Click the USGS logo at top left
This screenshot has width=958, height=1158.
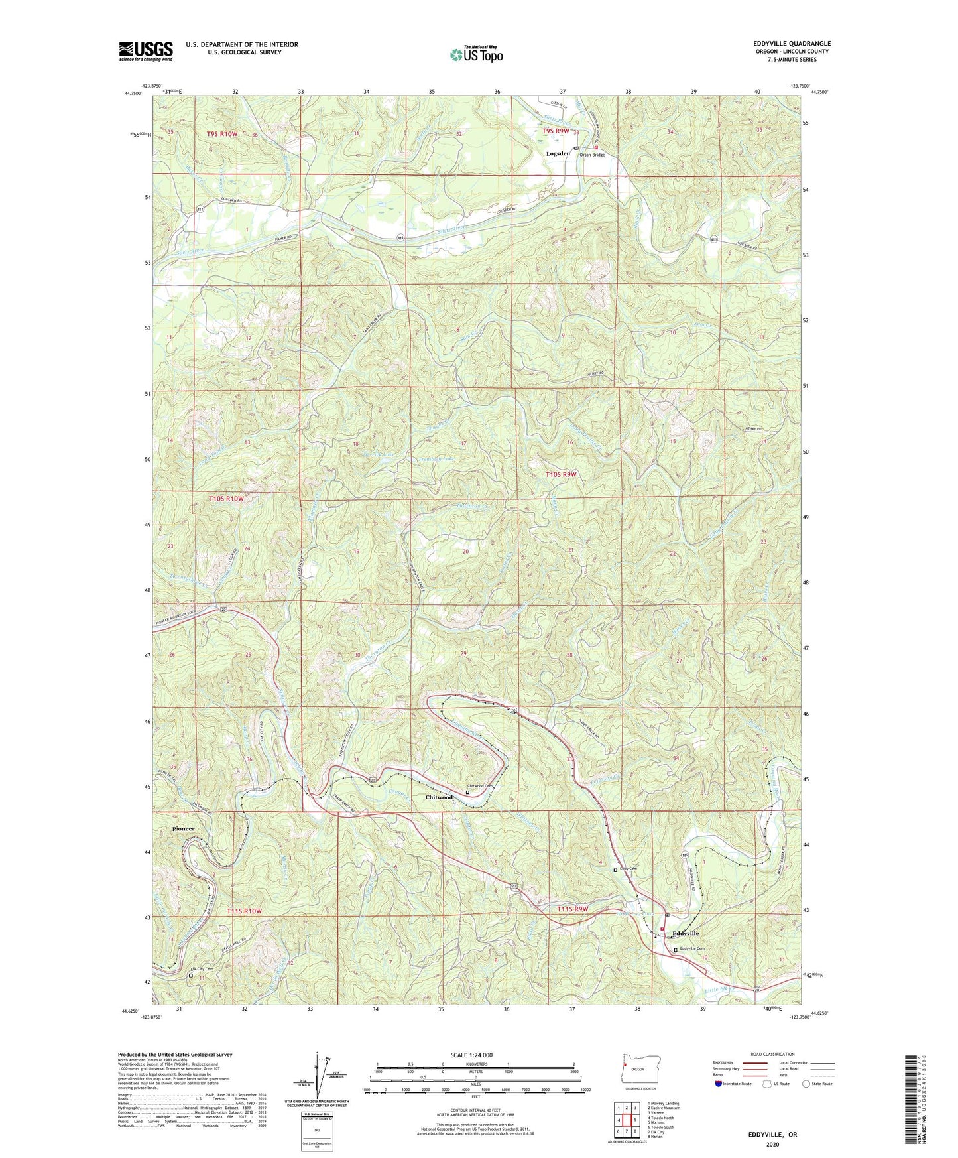(x=145, y=51)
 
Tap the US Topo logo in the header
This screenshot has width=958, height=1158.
(x=475, y=55)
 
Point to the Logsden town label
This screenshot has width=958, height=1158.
(x=558, y=153)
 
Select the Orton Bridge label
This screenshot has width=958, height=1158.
(x=592, y=155)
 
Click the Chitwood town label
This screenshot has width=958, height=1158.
(x=439, y=797)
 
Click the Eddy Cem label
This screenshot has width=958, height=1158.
(x=628, y=869)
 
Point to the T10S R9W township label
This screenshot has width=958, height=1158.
(x=561, y=474)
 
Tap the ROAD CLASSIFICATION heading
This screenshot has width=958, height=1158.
(x=773, y=1054)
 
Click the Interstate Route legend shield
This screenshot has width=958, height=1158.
(x=720, y=1084)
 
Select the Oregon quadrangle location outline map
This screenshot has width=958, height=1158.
(x=637, y=1070)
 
